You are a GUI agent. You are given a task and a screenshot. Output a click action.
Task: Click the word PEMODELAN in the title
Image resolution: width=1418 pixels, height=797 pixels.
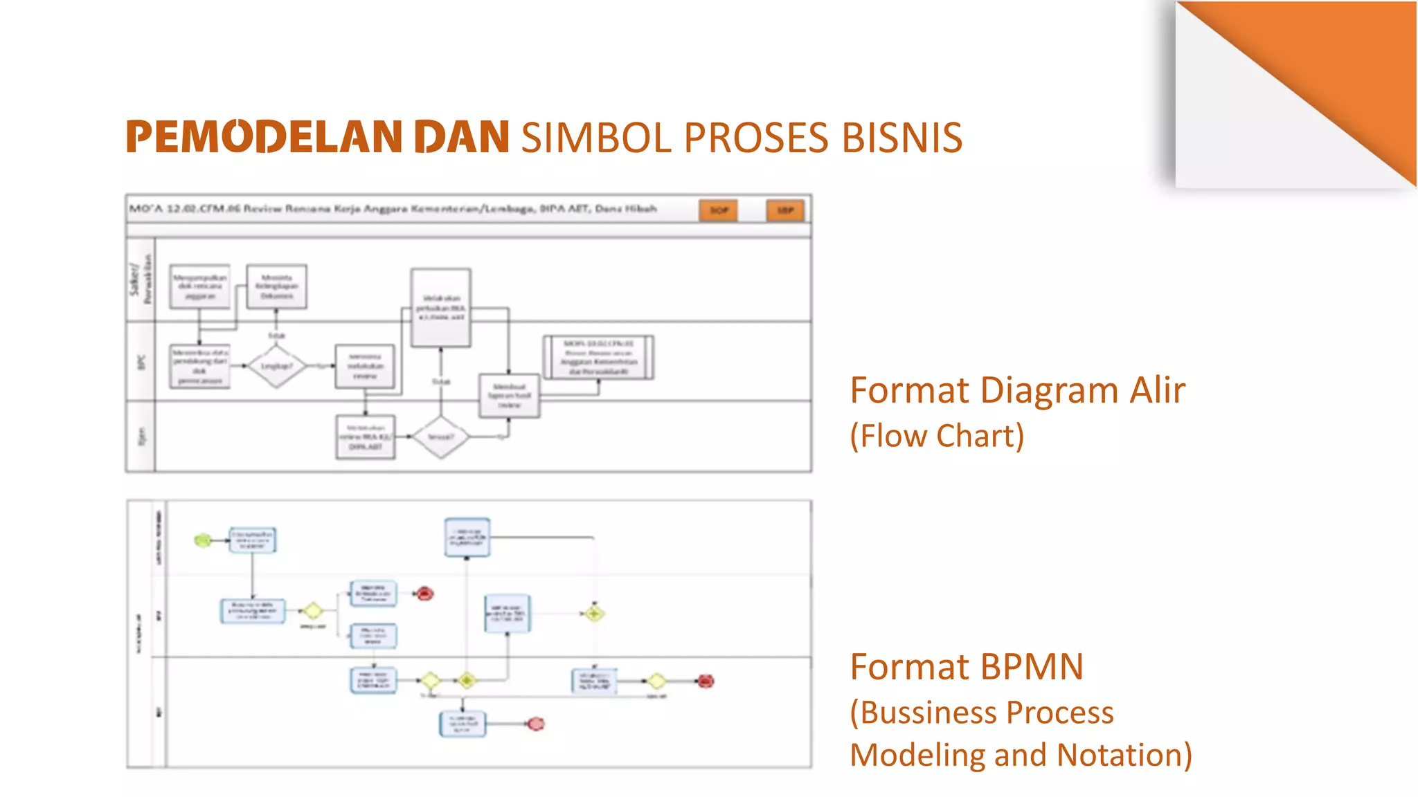point(264,137)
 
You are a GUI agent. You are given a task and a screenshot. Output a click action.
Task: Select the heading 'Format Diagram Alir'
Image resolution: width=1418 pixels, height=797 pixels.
point(1017,390)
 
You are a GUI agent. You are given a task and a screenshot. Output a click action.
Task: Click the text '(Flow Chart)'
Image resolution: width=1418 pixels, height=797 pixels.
point(937,436)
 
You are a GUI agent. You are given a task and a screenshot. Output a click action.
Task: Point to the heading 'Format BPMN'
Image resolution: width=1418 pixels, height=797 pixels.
point(967,667)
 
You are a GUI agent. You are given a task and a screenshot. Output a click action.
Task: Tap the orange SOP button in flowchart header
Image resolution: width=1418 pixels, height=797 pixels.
point(719,210)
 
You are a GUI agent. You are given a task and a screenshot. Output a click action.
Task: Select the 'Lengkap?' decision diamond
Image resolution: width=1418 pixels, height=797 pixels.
point(276,365)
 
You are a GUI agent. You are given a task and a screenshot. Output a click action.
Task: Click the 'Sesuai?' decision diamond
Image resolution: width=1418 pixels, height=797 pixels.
point(441,437)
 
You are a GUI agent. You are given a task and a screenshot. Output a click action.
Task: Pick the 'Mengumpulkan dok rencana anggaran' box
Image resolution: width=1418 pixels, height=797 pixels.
point(199,286)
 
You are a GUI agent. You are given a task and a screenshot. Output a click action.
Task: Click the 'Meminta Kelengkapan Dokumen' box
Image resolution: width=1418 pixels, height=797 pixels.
point(276,286)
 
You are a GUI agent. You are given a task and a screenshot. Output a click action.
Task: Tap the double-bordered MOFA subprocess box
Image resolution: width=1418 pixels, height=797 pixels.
point(598,357)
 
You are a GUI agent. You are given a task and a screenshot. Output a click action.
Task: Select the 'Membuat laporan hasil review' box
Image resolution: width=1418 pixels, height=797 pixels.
point(509,396)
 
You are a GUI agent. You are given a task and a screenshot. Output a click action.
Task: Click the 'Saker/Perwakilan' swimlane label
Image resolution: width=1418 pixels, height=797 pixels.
point(141,279)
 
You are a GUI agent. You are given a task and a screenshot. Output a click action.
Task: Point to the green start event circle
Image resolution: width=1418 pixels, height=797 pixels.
point(202,540)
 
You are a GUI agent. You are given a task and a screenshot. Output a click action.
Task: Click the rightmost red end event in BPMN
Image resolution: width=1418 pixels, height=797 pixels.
point(706,681)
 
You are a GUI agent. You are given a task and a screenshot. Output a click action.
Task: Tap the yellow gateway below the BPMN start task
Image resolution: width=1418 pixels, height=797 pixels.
point(312,611)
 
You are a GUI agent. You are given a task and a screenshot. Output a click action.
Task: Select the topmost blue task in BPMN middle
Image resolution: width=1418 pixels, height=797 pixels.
point(467,538)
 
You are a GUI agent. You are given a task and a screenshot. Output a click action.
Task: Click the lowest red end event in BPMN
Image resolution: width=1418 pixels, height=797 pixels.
point(536,724)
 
